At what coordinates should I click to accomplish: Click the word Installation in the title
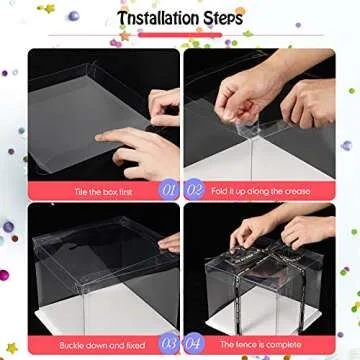pos(156,20)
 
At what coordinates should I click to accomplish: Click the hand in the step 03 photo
pos(170,242)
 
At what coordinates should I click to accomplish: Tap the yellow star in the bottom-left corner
pos(11,348)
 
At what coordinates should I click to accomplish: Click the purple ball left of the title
pos(73,16)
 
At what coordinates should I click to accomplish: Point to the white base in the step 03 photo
pos(100,315)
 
